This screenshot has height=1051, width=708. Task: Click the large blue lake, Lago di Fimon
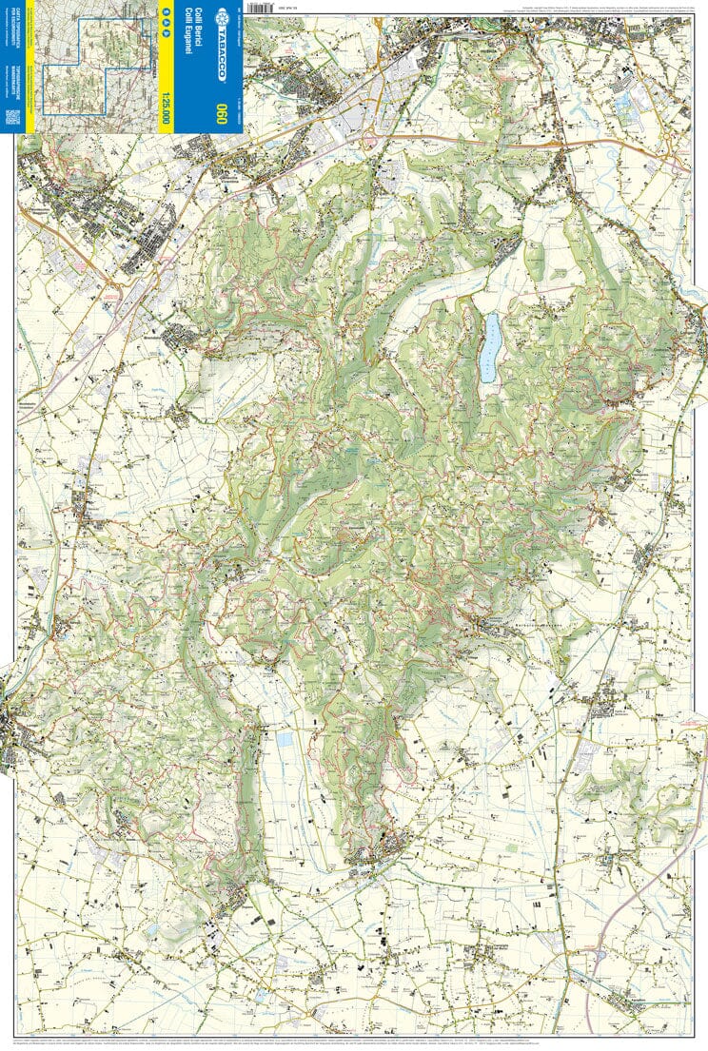(x=489, y=349)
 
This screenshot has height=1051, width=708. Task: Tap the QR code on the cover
(x=12, y=117)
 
